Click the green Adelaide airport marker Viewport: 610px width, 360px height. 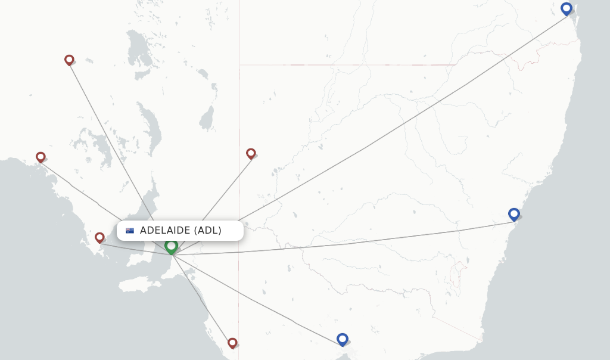(x=172, y=246)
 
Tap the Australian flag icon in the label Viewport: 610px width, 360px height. (x=130, y=231)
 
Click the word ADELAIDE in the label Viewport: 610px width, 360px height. (x=165, y=231)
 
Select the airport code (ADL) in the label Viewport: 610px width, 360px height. (x=208, y=231)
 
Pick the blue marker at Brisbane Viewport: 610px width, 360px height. (x=567, y=8)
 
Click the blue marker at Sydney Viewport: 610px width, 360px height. (x=514, y=214)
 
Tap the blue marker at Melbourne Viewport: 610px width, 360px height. (x=342, y=339)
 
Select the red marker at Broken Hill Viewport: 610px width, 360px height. (x=251, y=153)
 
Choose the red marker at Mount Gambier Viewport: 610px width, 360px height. (x=232, y=343)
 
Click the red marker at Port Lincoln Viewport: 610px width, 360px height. (x=99, y=237)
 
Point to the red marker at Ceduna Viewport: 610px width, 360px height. (x=41, y=157)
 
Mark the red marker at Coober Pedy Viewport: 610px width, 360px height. (x=69, y=60)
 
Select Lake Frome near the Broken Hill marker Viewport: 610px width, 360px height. (x=207, y=118)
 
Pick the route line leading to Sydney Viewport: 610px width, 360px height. (x=357, y=241)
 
